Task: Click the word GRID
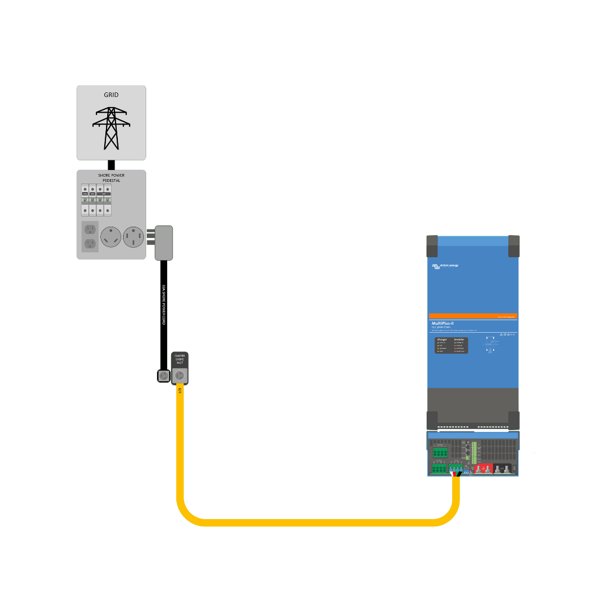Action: click(x=111, y=95)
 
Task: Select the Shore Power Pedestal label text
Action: click(x=111, y=178)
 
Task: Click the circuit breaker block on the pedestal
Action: click(x=96, y=199)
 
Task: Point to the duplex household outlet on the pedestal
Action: click(x=90, y=236)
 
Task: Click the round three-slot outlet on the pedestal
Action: click(x=110, y=237)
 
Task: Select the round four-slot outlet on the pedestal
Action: click(x=134, y=237)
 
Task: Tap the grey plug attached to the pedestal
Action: click(x=164, y=243)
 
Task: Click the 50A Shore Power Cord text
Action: click(x=164, y=304)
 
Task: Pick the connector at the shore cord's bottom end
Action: click(x=164, y=376)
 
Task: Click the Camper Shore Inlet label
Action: click(x=180, y=359)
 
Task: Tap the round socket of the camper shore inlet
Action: click(x=180, y=375)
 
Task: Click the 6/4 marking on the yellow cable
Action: click(x=180, y=390)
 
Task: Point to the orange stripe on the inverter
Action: click(x=473, y=316)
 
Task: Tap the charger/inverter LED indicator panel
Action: click(x=451, y=345)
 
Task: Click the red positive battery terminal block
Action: click(x=483, y=469)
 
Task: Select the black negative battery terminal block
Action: click(x=503, y=469)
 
